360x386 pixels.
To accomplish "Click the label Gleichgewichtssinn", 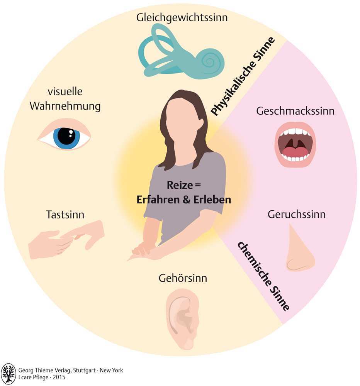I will pyautogui.click(x=182, y=17).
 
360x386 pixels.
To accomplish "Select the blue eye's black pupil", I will pyautogui.click(x=66, y=136).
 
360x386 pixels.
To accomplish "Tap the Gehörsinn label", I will pyautogui.click(x=183, y=278).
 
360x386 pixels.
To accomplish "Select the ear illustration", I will pyautogui.click(x=183, y=317).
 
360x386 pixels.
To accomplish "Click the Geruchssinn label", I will pyautogui.click(x=296, y=215).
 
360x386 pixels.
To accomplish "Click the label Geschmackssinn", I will pyautogui.click(x=295, y=112).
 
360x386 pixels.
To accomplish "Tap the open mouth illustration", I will pyautogui.click(x=295, y=145).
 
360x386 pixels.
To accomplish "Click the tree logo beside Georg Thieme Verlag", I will pyautogui.click(x=8, y=374).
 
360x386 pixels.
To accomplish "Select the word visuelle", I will pyautogui.click(x=65, y=92).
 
